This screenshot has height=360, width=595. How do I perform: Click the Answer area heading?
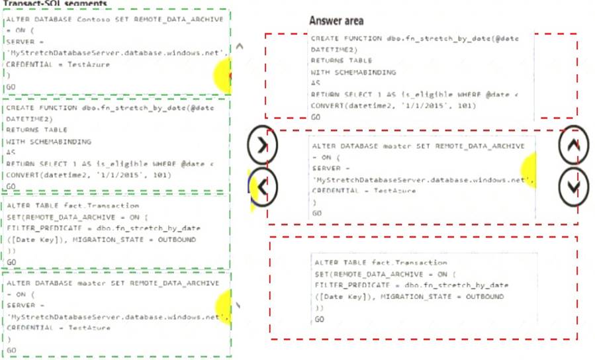point(336,21)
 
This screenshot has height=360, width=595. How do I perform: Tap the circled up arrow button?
point(573,148)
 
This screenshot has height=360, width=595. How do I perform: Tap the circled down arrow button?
point(573,187)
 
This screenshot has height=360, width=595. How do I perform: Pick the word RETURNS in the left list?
point(20,130)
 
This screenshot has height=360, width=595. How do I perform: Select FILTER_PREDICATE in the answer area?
point(351,285)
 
